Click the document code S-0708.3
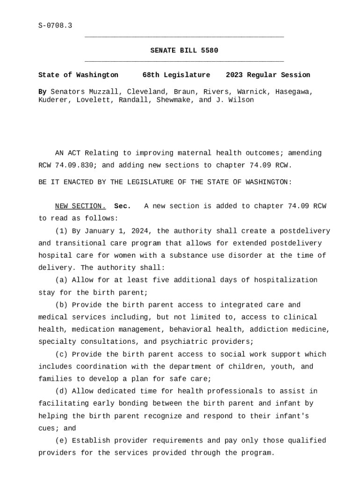(x=55, y=26)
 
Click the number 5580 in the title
(x=209, y=51)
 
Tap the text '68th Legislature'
(x=176, y=75)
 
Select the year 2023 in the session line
(x=234, y=75)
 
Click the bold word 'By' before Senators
(x=43, y=92)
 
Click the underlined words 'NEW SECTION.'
(x=80, y=206)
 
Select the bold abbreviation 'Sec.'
(x=122, y=206)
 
